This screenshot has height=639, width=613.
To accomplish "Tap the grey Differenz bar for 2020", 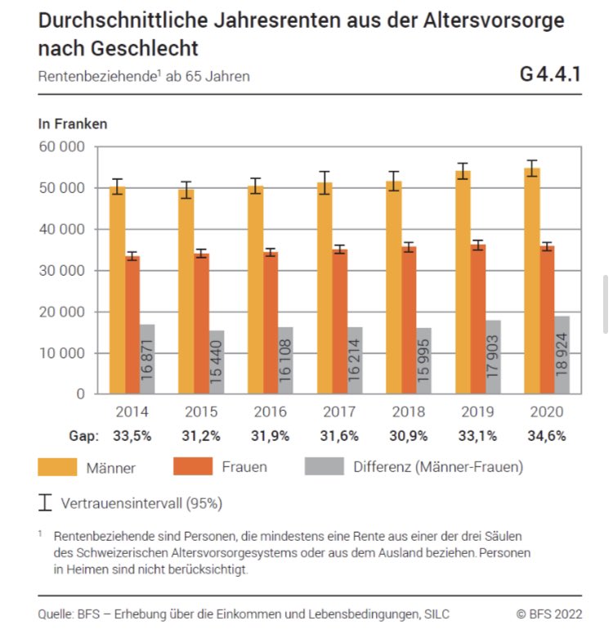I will (x=562, y=355).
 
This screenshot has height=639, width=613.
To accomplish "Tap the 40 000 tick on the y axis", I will (x=62, y=229).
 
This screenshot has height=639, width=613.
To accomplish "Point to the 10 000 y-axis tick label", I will (x=62, y=353).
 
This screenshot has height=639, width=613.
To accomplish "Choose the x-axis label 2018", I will (x=409, y=411).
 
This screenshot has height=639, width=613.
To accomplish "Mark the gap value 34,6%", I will (x=547, y=436).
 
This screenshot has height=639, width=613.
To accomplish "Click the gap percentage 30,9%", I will (x=409, y=436).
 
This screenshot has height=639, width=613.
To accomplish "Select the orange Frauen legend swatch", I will (x=191, y=467).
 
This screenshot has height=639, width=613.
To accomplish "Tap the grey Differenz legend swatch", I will (x=324, y=467).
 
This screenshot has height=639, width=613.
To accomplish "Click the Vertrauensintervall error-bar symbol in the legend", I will (x=46, y=502).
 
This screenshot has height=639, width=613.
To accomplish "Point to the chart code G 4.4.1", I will (x=549, y=75).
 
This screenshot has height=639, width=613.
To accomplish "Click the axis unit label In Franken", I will (x=73, y=124).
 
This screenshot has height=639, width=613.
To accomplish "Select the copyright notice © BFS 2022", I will (x=548, y=614).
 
